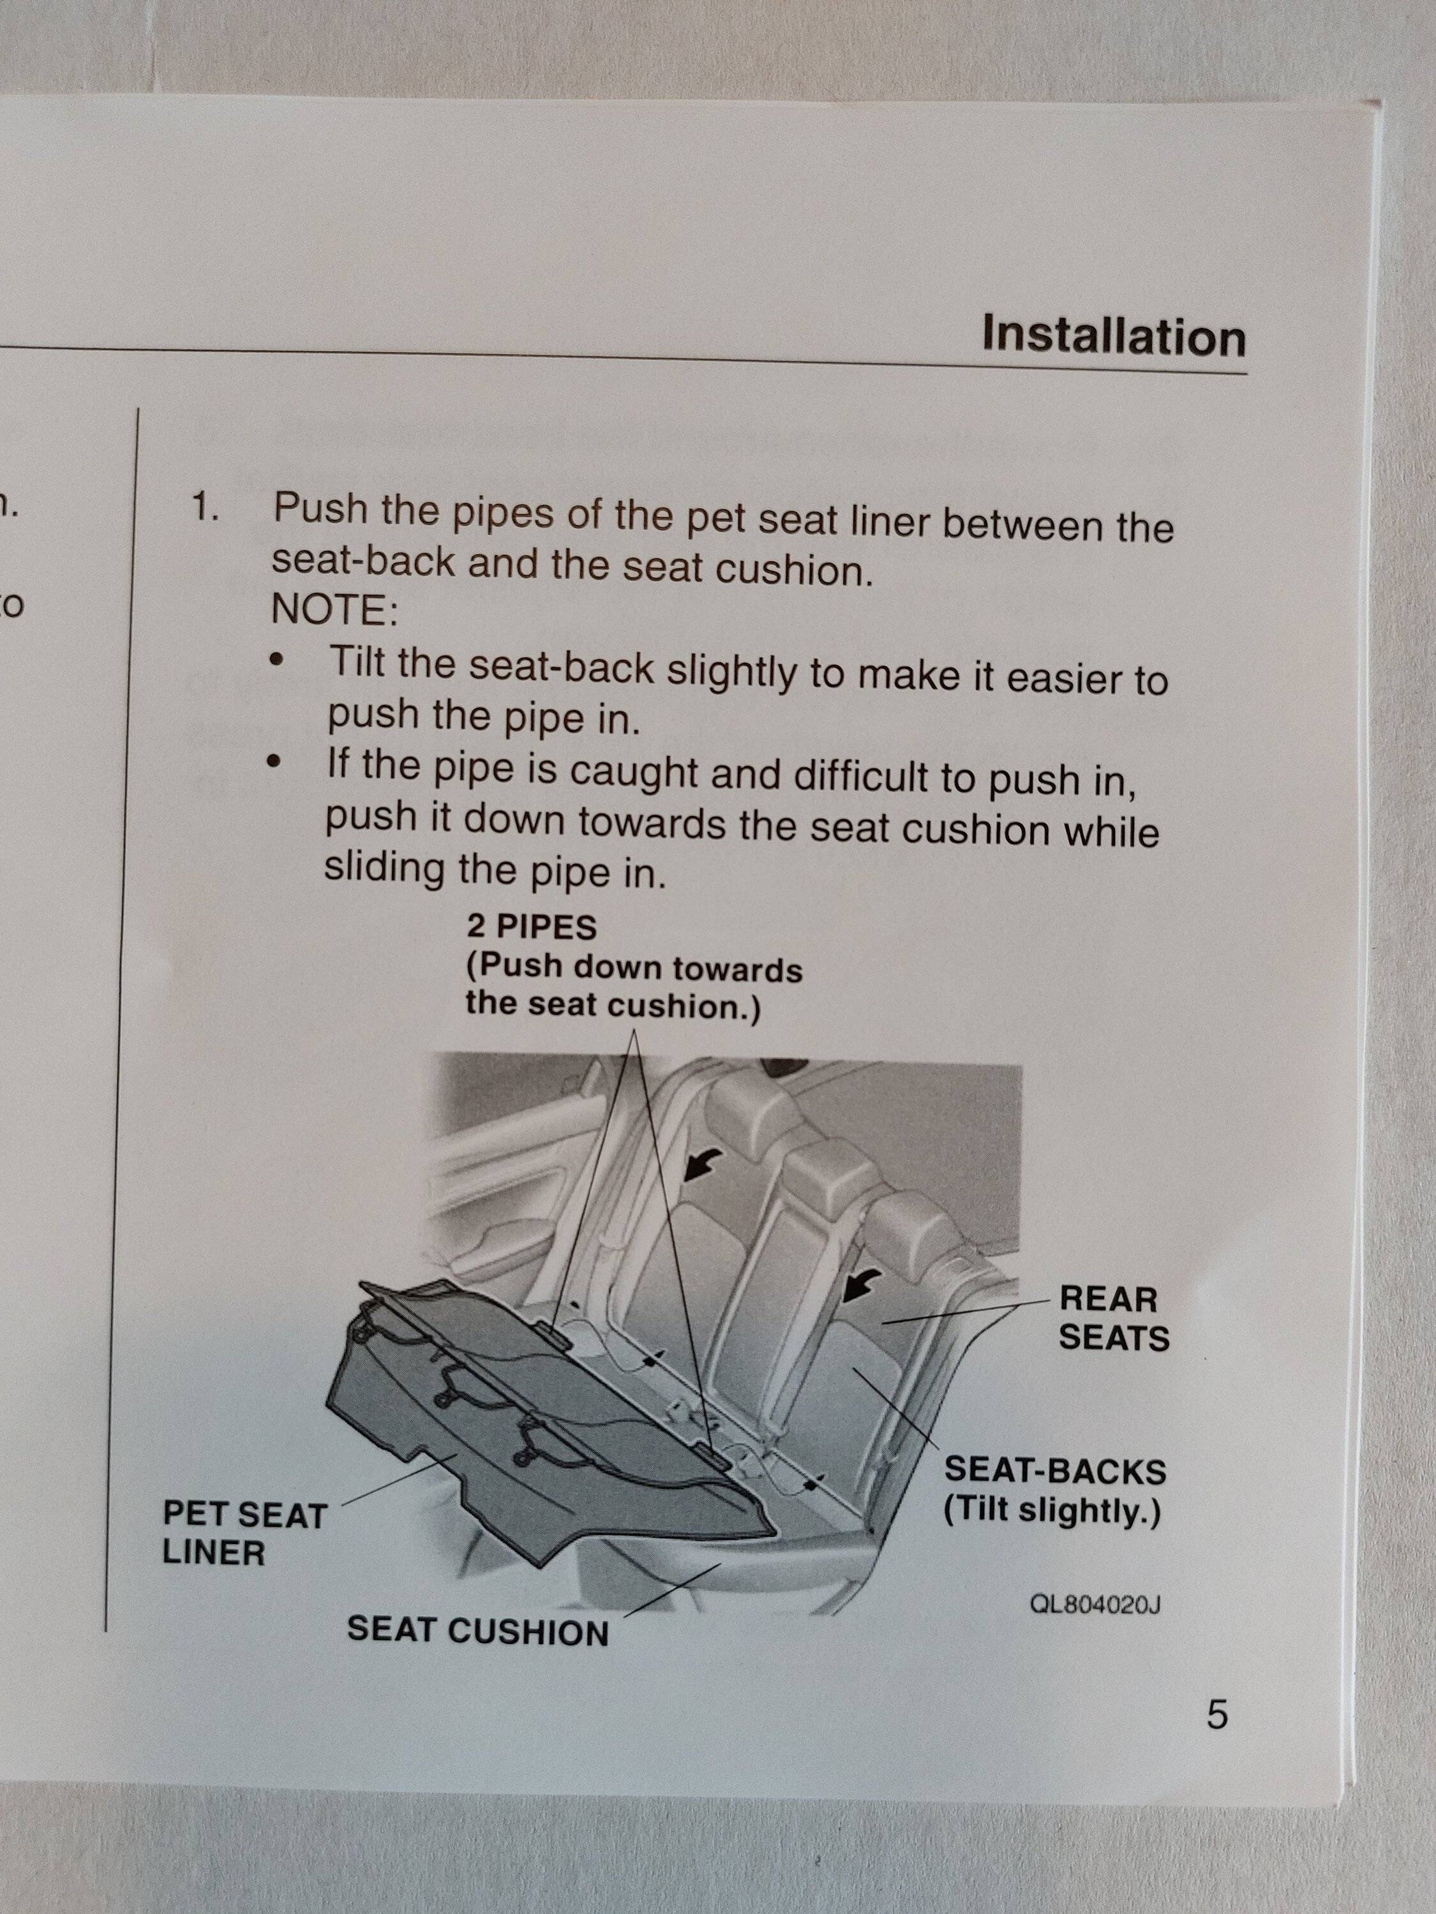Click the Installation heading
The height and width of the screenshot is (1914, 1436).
tap(1113, 334)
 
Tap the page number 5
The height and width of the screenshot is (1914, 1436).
tap(1216, 1714)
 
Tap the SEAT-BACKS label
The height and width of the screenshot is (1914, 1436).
tap(1054, 1469)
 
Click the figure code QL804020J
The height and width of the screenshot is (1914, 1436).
tap(1094, 1606)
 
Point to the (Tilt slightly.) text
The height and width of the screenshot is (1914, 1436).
tap(1052, 1511)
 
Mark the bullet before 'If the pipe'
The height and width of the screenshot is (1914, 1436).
tap(275, 763)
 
